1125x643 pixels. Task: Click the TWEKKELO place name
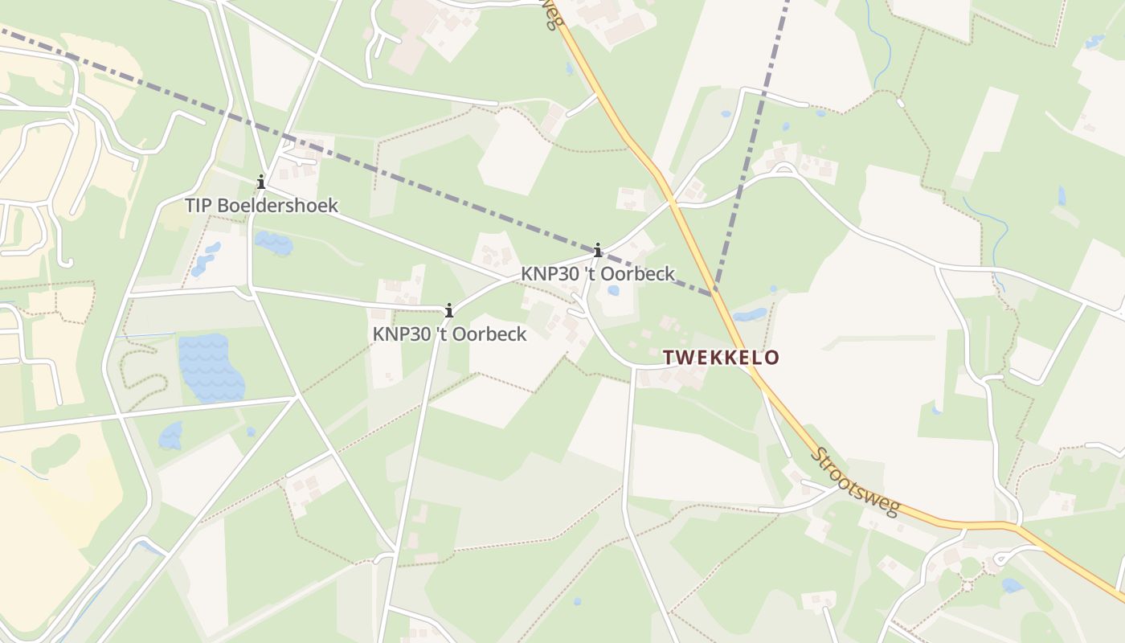pyautogui.click(x=721, y=358)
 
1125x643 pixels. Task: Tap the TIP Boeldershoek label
pyautogui.click(x=261, y=205)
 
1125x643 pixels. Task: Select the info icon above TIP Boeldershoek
pyautogui.click(x=260, y=182)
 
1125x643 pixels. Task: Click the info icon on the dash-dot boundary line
pyautogui.click(x=597, y=250)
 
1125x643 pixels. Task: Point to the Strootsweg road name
pyautogui.click(x=853, y=482)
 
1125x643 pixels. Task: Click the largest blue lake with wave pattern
pyautogui.click(x=211, y=368)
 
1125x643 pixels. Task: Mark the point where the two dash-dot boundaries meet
pyautogui.click(x=714, y=295)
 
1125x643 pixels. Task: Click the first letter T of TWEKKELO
pyautogui.click(x=667, y=358)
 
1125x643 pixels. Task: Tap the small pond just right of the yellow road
pyautogui.click(x=750, y=314)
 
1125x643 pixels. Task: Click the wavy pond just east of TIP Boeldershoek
pyautogui.click(x=274, y=242)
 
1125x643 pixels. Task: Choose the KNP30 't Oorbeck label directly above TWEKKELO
pyautogui.click(x=597, y=273)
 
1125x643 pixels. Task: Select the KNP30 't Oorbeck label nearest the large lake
pyautogui.click(x=449, y=334)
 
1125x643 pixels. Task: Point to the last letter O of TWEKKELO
pyautogui.click(x=772, y=358)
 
